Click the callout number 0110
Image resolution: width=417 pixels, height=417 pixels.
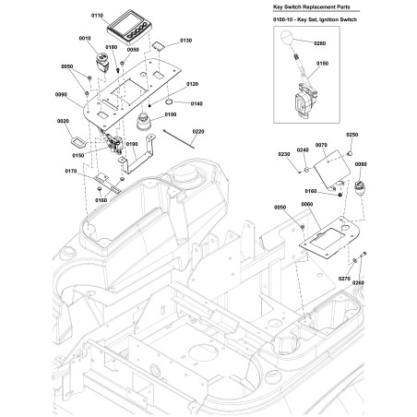click(x=97, y=16)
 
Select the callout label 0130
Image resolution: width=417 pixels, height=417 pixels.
click(x=185, y=41)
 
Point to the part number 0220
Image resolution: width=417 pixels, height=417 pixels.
click(x=198, y=132)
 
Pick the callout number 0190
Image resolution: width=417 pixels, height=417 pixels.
click(x=132, y=144)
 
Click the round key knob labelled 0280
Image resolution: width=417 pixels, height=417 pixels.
click(x=287, y=37)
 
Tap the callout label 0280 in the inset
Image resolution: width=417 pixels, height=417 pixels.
click(x=320, y=43)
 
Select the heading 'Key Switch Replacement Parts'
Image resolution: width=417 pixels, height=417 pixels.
click(x=312, y=6)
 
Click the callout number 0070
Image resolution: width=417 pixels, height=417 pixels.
click(x=321, y=145)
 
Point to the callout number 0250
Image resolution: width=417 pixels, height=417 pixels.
click(x=352, y=135)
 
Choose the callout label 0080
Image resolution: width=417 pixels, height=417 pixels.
click(x=361, y=164)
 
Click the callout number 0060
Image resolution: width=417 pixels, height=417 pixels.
click(x=307, y=204)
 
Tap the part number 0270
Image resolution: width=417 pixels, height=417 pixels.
click(x=344, y=279)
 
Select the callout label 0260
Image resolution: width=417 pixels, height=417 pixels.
click(x=358, y=282)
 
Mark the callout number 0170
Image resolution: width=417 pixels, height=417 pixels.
click(x=71, y=171)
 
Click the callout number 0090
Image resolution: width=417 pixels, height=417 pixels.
click(x=61, y=95)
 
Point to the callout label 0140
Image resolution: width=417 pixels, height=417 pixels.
click(x=197, y=104)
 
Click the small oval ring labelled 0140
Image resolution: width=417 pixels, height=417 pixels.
click(x=169, y=101)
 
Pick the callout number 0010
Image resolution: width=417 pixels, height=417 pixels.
click(x=85, y=39)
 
